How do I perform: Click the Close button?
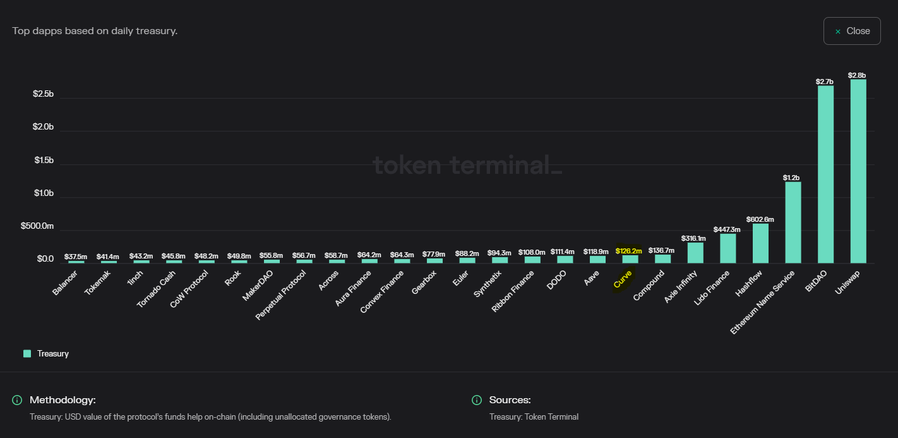click(x=852, y=31)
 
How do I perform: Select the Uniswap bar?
click(x=858, y=171)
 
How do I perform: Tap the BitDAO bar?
click(x=825, y=174)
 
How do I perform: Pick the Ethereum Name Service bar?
click(x=793, y=222)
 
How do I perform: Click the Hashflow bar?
click(x=760, y=243)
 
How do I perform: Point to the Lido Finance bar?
click(x=727, y=248)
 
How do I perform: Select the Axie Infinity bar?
click(x=695, y=253)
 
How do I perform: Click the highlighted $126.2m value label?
click(x=628, y=251)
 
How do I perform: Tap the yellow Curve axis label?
click(x=623, y=279)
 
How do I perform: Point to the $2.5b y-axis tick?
click(x=43, y=94)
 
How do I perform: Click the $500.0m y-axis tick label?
click(x=37, y=226)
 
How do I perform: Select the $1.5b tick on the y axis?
click(x=44, y=160)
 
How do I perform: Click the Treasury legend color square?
click(x=27, y=353)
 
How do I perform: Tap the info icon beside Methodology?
click(x=17, y=400)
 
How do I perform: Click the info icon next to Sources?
click(x=477, y=400)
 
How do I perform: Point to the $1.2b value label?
click(x=791, y=178)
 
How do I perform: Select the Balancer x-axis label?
click(x=64, y=283)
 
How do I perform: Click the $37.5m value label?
click(x=75, y=257)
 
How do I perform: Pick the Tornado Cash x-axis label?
click(x=156, y=289)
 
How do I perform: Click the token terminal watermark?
click(x=467, y=165)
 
